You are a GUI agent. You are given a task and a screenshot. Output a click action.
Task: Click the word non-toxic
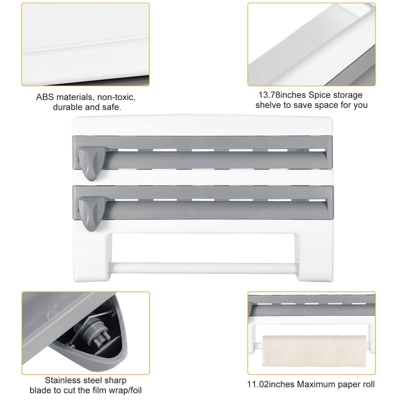click(x=116, y=97)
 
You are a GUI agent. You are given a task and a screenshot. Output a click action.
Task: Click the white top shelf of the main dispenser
click(x=203, y=125)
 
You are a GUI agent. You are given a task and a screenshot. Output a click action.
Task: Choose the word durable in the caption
click(x=67, y=107)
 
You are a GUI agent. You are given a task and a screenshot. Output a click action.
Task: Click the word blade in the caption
click(x=40, y=390)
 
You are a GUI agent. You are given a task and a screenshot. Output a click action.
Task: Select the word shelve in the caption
click(x=268, y=105)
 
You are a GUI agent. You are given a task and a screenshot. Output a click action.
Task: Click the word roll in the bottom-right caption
click(x=369, y=384)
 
